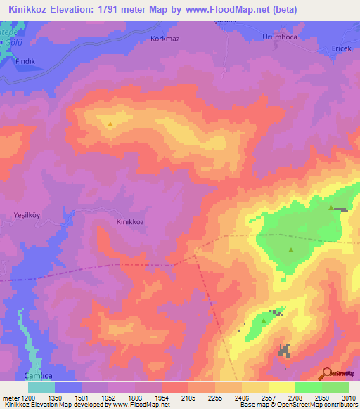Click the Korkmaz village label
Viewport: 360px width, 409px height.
point(165,39)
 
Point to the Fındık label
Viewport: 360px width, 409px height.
point(26,61)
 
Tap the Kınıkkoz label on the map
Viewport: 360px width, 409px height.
point(130,221)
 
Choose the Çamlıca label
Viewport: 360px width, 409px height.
point(37,375)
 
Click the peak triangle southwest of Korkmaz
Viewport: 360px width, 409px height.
point(111,124)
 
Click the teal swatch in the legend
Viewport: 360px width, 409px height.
point(41,387)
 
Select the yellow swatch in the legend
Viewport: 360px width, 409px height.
point(282,387)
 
